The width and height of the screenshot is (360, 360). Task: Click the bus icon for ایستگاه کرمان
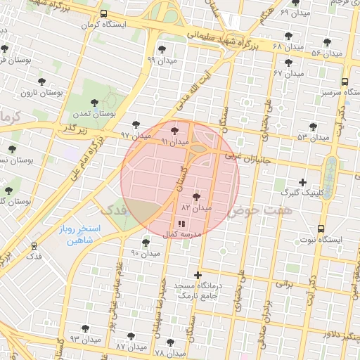pos(104,13)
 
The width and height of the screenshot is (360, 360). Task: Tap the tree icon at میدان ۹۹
pos(162,49)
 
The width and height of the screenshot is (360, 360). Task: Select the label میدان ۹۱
pos(175,142)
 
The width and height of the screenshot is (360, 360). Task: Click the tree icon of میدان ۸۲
pos(195,196)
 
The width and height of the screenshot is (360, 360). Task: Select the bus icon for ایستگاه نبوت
pos(321,229)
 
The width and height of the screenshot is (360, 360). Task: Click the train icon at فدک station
pos(34,246)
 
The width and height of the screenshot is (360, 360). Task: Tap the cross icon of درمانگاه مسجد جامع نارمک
pos(198,274)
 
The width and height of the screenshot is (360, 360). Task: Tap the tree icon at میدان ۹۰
pos(146,243)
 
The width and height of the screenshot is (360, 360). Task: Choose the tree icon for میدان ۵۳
pos(313,127)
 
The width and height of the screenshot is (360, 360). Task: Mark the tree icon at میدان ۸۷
pos(130,335)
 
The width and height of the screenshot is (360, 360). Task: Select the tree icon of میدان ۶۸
pos(288,35)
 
